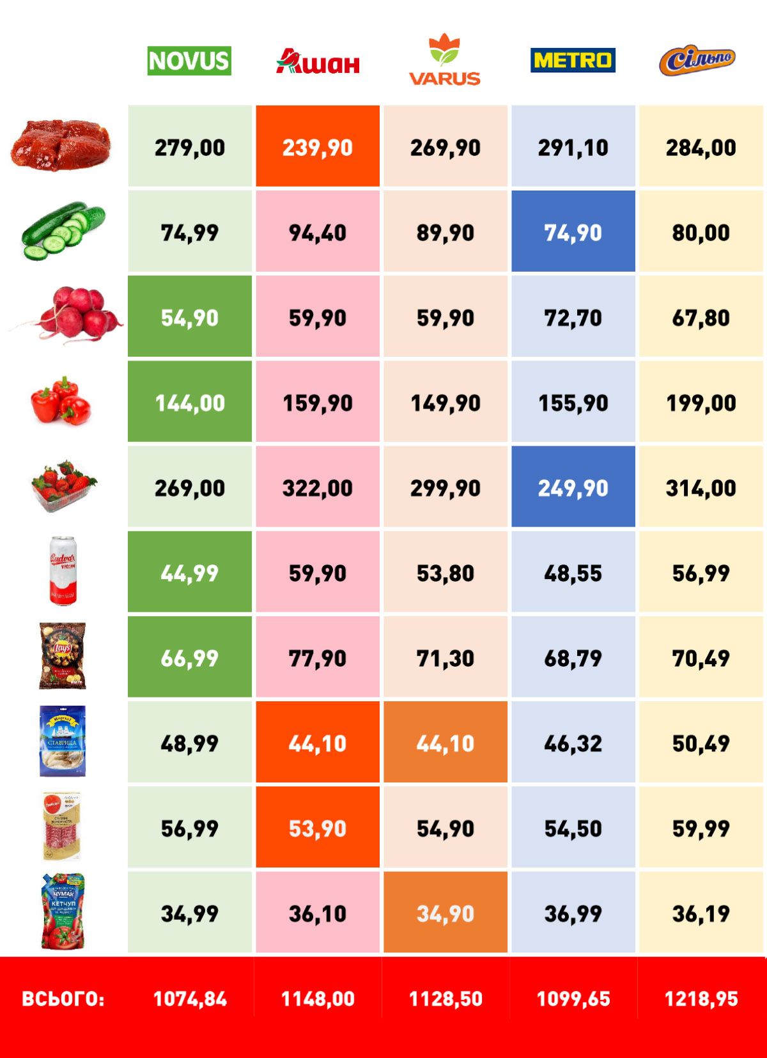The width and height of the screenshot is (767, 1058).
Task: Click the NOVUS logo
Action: click(x=189, y=61)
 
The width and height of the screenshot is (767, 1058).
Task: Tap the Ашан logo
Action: click(x=318, y=62)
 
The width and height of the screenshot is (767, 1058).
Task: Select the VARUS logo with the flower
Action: click(x=445, y=60)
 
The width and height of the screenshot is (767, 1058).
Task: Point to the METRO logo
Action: click(x=573, y=60)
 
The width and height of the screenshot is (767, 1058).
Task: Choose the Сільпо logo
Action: click(x=697, y=61)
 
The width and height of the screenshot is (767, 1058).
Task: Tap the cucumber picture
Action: click(x=63, y=231)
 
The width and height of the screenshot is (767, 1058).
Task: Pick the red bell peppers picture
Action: click(x=61, y=401)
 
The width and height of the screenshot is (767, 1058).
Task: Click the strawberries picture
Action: click(x=63, y=486)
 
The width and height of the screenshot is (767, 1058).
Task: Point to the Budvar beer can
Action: click(x=63, y=571)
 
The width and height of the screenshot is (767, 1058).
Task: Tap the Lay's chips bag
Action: click(x=63, y=656)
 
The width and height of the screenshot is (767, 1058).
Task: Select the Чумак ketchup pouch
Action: click(x=63, y=912)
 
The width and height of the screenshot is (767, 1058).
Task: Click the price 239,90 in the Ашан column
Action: click(x=318, y=148)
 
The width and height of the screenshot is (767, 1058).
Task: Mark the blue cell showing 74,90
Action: click(x=573, y=233)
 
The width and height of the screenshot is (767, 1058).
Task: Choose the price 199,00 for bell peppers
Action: click(x=701, y=403)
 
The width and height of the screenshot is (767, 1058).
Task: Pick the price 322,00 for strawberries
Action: click(x=318, y=488)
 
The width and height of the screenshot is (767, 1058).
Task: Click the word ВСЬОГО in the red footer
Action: click(x=63, y=999)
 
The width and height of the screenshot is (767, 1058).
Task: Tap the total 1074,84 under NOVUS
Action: click(x=190, y=999)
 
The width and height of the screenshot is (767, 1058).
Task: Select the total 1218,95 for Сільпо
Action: click(x=701, y=999)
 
